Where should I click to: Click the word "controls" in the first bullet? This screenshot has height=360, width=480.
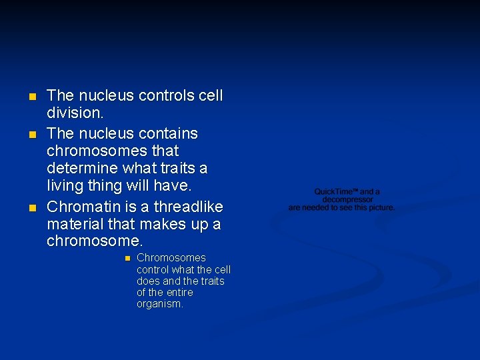(x=167, y=96)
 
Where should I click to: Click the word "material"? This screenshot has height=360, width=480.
(x=75, y=224)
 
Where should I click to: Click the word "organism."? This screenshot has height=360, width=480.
(x=160, y=304)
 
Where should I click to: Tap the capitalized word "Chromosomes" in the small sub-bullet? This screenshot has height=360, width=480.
(x=171, y=258)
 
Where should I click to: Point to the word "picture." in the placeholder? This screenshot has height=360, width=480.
(x=380, y=207)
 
